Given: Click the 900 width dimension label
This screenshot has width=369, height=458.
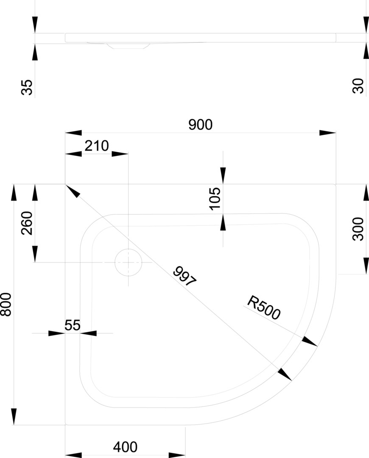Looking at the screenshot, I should click(200, 125).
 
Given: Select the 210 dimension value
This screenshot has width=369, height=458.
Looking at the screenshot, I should click(97, 146).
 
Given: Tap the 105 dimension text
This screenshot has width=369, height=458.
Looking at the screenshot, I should click(215, 198).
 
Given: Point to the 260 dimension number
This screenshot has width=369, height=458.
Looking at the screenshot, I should click(27, 223).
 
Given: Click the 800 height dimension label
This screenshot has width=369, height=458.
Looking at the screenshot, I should click(6, 304).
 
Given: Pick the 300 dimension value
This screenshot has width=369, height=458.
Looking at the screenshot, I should click(358, 229).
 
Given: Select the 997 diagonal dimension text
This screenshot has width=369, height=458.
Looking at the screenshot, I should click(185, 277).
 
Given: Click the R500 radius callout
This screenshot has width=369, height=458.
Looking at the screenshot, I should click(263, 307).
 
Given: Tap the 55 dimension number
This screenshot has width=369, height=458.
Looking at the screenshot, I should click(73, 325).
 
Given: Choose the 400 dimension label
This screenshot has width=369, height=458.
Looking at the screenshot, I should click(125, 447).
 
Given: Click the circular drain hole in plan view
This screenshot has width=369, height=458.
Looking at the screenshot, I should click(128, 262).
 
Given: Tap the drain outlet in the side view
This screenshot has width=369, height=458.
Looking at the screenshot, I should click(128, 45).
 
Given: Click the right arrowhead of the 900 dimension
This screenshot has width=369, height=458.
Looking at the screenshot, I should click(327, 133).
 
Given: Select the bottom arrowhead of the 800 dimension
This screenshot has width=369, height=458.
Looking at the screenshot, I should click(14, 416).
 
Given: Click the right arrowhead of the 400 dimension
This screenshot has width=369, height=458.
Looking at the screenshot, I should click(177, 455).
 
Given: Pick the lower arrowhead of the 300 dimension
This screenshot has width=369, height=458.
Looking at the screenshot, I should click(366, 266).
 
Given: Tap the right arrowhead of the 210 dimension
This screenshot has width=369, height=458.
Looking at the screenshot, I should click(120, 154).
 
